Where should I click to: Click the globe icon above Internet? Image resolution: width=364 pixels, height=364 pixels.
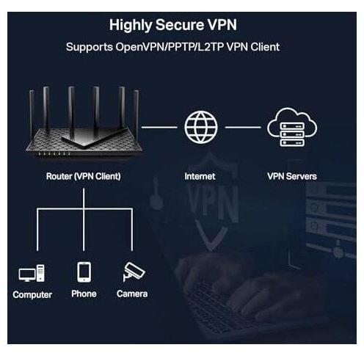click(x=201, y=127)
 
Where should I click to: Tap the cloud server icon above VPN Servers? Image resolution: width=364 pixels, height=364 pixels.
click(x=292, y=127)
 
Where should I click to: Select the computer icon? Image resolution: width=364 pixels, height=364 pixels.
click(x=32, y=273)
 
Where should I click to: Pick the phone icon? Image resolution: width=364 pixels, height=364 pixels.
click(x=84, y=272)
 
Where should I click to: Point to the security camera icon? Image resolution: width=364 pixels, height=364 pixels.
click(x=134, y=272)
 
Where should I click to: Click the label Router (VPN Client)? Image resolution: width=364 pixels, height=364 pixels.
click(x=84, y=176)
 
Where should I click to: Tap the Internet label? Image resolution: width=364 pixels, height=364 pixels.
click(x=200, y=176)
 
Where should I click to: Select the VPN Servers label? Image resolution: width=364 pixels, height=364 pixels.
click(x=292, y=176)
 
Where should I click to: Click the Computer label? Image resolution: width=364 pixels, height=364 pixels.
click(x=32, y=295)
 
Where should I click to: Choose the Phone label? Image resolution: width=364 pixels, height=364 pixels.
click(x=84, y=294)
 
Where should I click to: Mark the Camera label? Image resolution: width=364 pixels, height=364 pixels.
click(x=132, y=294)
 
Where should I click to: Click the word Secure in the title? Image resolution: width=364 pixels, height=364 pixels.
click(x=179, y=25)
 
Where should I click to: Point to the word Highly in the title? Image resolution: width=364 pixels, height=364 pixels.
click(x=131, y=26)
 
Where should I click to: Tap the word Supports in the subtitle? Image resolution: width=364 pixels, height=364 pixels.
click(x=90, y=47)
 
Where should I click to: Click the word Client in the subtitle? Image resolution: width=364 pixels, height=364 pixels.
click(x=265, y=47)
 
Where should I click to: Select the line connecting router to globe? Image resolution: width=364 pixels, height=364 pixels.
click(x=159, y=127)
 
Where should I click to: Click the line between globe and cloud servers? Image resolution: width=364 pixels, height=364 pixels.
click(x=243, y=127)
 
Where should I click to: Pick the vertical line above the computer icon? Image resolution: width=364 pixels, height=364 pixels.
click(x=37, y=230)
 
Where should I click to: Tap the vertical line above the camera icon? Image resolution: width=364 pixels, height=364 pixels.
click(x=132, y=230)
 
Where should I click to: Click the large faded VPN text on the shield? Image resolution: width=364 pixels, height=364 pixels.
click(x=213, y=204)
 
